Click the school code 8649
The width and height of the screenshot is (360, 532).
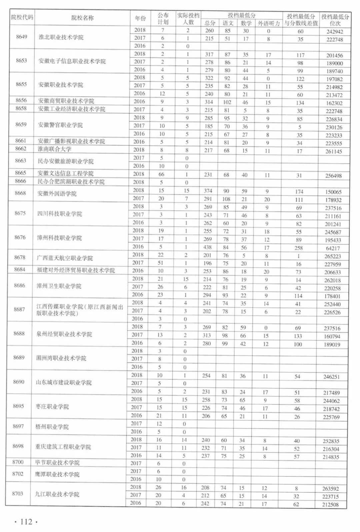click(22, 37)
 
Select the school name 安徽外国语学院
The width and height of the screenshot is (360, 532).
click(57, 194)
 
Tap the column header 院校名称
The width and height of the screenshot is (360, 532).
click(82, 18)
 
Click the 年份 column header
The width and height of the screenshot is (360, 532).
click(140, 18)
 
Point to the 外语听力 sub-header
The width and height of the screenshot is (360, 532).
click(269, 23)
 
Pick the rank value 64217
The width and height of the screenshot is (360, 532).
click(333, 248)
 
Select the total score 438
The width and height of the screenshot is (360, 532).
click(207, 247)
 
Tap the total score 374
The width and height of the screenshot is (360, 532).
click(208, 191)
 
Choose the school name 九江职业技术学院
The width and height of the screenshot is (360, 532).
click(57, 494)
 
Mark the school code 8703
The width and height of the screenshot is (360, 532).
click(18, 494)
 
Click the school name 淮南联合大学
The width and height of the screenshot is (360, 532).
click(54, 149)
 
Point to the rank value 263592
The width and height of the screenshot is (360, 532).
click(330, 489)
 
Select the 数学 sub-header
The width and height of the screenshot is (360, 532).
click(246, 23)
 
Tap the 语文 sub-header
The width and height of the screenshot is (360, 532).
click(228, 23)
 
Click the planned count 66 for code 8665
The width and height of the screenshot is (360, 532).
click(161, 174)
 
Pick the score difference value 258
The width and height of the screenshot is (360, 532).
click(299, 248)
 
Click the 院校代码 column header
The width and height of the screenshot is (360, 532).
click(22, 17)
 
